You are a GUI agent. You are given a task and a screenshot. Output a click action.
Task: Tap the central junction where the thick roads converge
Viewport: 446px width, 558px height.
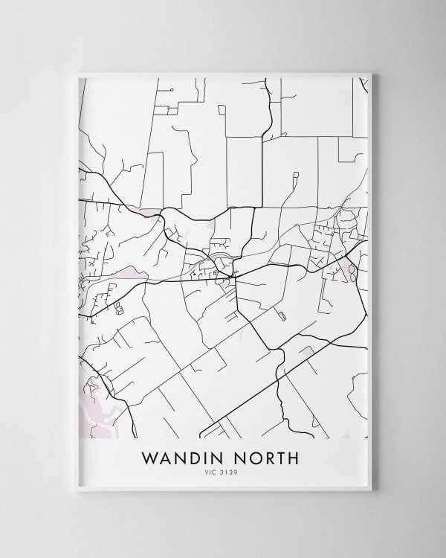(x=233, y=278)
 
